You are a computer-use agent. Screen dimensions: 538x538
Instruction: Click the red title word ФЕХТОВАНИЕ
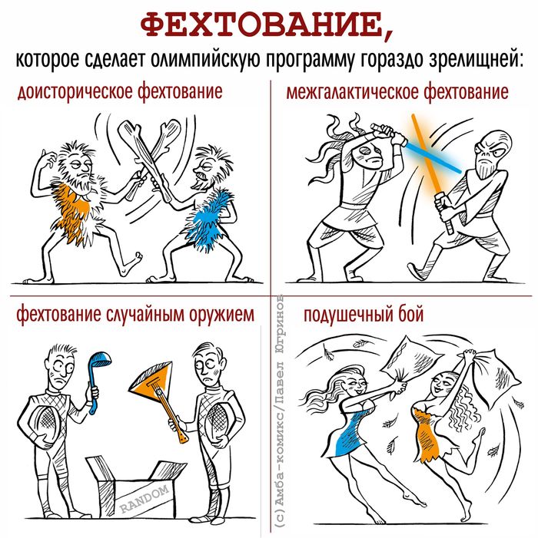(262, 26)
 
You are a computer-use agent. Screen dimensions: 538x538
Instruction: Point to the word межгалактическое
(353, 92)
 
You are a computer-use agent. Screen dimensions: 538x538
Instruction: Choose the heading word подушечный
(348, 314)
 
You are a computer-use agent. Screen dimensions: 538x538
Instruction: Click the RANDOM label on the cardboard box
(145, 498)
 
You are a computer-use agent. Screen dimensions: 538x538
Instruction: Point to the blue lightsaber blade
(433, 157)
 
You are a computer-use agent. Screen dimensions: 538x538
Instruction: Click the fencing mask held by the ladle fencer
(44, 423)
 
